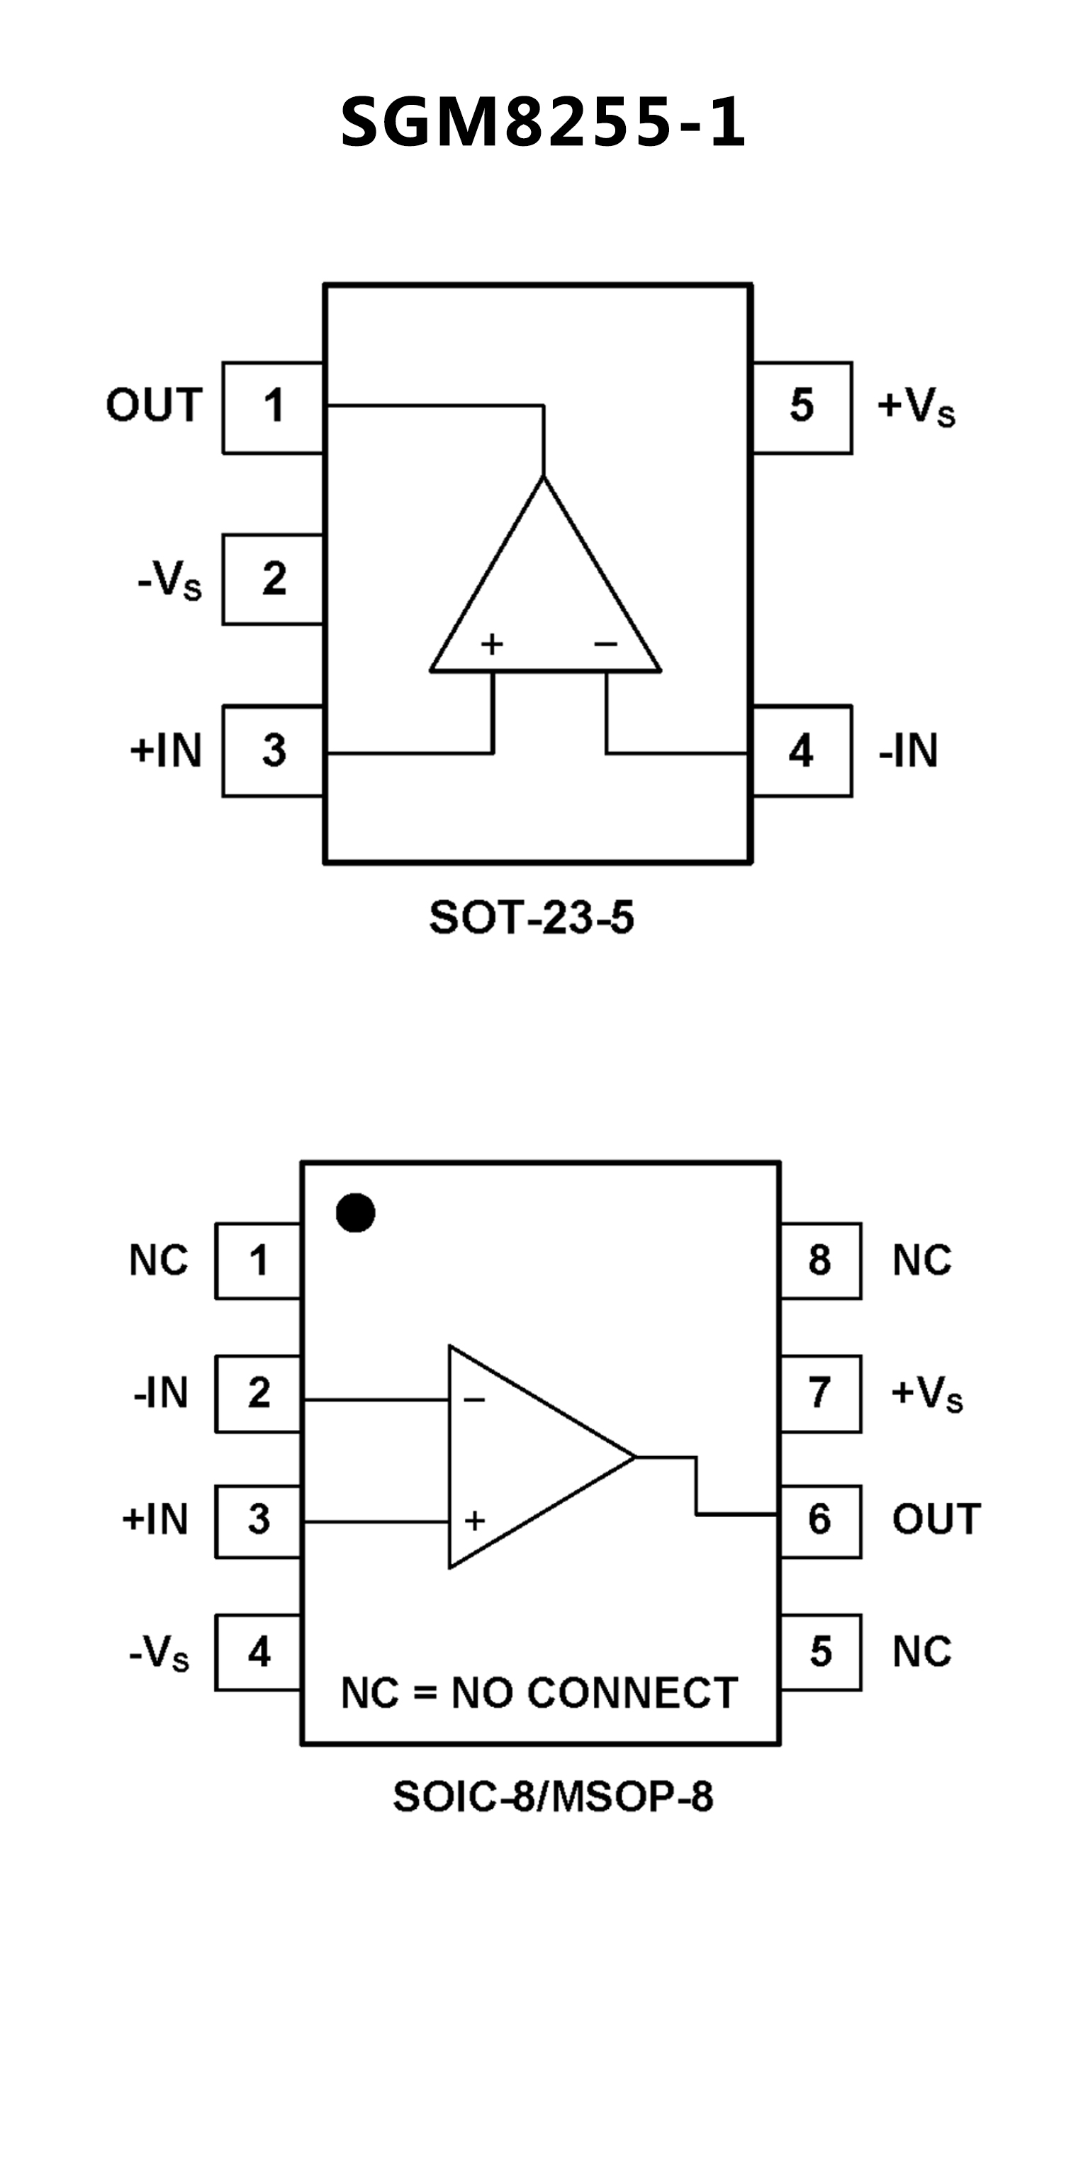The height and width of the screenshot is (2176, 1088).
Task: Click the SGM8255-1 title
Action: [543, 123]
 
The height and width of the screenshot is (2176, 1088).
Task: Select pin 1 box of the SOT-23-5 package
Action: [273, 407]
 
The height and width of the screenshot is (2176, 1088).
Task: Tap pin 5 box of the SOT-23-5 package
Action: [802, 407]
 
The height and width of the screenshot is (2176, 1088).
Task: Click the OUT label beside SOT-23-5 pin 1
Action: [154, 405]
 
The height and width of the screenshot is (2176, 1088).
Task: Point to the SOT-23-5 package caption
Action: [532, 918]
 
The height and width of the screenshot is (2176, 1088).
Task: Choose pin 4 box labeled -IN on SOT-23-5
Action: [802, 751]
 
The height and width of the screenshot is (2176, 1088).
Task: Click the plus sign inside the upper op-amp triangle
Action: [492, 645]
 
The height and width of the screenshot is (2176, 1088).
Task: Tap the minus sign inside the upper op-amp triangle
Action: [605, 645]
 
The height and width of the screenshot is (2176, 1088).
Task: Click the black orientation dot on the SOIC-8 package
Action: [356, 1213]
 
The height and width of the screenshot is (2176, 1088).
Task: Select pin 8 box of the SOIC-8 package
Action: [820, 1261]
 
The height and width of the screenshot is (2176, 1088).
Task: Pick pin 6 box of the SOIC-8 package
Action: [820, 1520]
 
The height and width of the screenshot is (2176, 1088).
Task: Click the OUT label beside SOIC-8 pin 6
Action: [936, 1520]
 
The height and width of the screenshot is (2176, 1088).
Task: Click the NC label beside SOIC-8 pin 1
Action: [158, 1261]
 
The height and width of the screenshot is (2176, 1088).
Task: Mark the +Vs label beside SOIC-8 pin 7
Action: [926, 1393]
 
